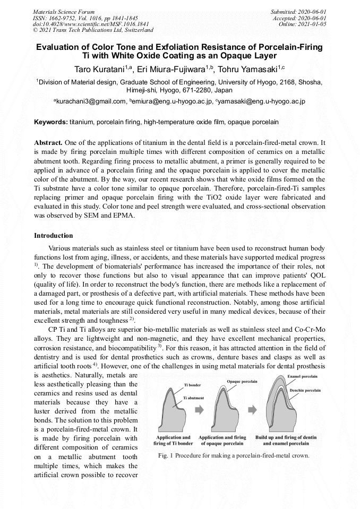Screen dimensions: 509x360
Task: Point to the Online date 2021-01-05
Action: (315, 24)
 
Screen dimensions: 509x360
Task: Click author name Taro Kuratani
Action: (97, 69)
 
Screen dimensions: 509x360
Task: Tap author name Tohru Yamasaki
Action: (248, 69)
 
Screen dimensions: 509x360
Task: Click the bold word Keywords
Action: (51, 122)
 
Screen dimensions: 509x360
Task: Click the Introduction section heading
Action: (54, 235)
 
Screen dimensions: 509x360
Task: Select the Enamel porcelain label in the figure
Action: (303, 376)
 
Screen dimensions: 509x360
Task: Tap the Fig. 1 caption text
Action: (234, 455)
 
